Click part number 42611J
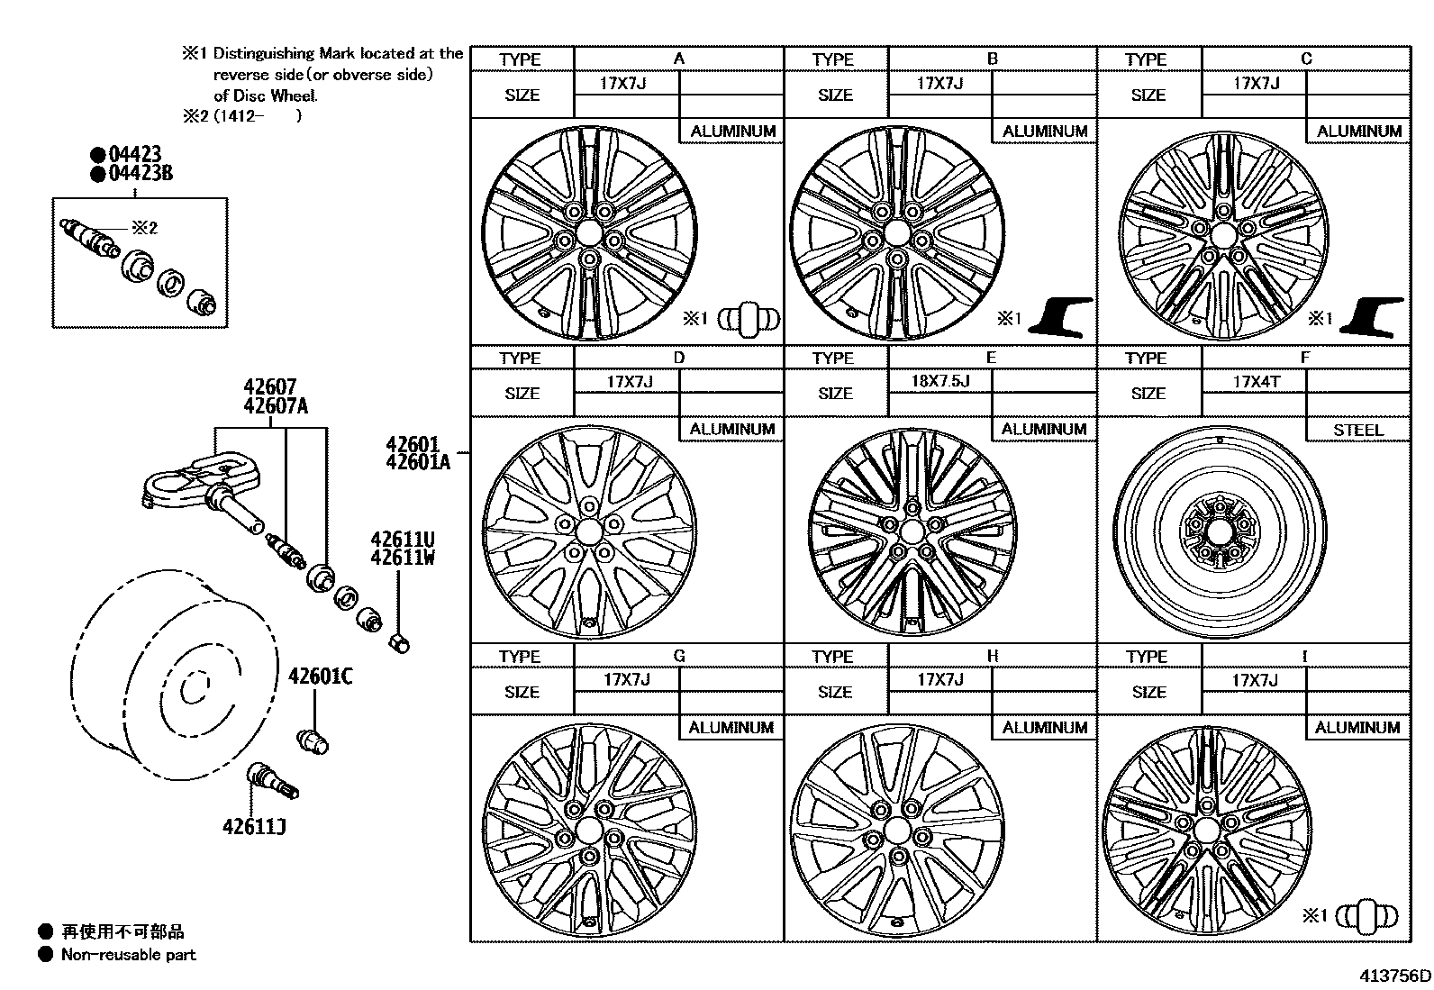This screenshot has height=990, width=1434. [x=254, y=825]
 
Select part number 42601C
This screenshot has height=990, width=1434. [x=320, y=676]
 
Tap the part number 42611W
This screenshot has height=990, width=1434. [x=403, y=558]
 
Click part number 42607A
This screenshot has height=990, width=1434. [x=276, y=406]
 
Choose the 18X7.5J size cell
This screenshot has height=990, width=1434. [x=939, y=380]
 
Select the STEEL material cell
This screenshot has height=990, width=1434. [x=1357, y=430]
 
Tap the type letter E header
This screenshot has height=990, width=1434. [x=991, y=358]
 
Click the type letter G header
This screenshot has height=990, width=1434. [x=678, y=656]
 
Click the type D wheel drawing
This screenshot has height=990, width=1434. [x=589, y=531]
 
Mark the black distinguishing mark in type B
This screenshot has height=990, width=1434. [x=1066, y=317]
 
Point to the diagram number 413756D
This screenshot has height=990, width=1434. [x=1395, y=976]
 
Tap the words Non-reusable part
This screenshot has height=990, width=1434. [x=128, y=955]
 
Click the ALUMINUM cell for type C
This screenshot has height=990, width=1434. [x=1358, y=132]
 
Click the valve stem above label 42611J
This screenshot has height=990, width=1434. [x=272, y=780]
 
